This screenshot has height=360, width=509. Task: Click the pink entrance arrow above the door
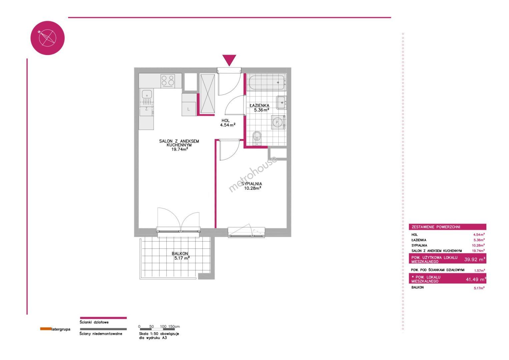point(229,60)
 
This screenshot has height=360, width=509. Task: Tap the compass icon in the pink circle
point(47,38)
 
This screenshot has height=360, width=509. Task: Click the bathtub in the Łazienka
point(266,83)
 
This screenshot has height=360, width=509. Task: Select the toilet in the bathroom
point(257,138)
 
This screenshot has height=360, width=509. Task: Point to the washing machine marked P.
point(278,122)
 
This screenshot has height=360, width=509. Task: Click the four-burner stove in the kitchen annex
point(168,81)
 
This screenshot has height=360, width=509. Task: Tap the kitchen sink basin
point(147,94)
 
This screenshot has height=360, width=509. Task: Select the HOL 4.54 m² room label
point(227,123)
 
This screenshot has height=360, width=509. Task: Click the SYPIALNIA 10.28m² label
point(252,186)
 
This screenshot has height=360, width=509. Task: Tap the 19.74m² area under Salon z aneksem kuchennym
point(180,149)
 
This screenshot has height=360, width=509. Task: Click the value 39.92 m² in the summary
point(475,259)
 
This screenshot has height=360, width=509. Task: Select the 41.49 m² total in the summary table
point(476,279)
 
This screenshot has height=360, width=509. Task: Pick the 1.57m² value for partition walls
point(479,270)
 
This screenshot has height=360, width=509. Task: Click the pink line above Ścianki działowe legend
point(103,318)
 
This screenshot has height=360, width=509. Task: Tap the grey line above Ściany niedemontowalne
point(103,329)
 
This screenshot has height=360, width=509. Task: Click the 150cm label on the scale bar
point(174,326)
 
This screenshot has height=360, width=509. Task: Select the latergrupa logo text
point(61,329)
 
